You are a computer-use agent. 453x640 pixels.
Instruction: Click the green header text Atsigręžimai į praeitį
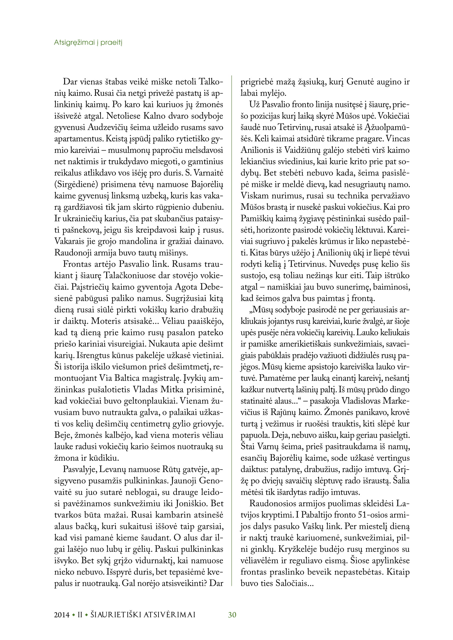[88, 43]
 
